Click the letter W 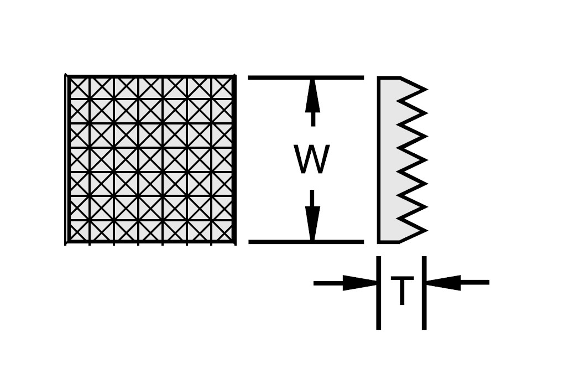311,160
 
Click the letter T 402,290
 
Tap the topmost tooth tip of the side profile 425,89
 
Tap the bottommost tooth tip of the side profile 425,230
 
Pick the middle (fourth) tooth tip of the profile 425,159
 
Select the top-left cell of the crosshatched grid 78,87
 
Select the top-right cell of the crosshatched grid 223,87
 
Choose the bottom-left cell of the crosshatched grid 78,231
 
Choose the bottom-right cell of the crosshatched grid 223,231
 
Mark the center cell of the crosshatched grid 150,159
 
